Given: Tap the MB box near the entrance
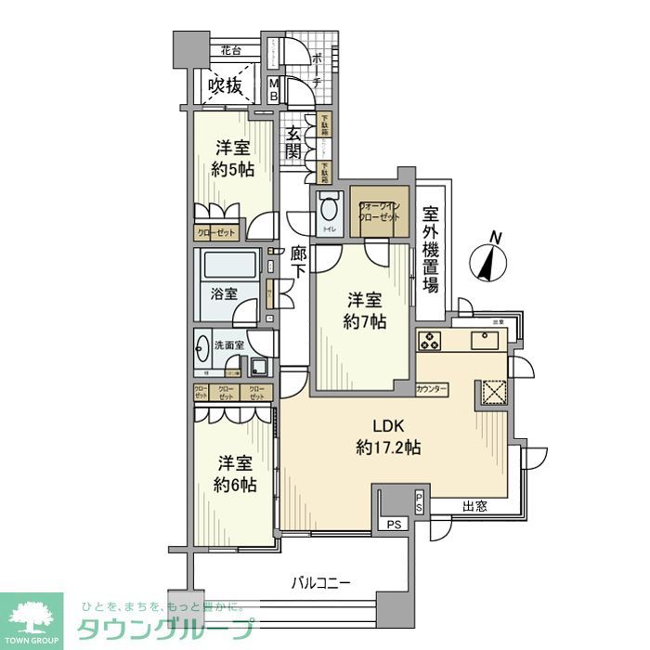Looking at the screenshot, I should click(x=275, y=90).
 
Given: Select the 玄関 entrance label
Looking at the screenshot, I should click(x=294, y=144).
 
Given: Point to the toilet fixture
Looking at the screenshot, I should click(x=327, y=210).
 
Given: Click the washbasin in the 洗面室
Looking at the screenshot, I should click(x=204, y=354).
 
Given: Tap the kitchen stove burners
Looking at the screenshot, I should click(x=431, y=340).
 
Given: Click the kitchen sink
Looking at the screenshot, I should click(x=485, y=339).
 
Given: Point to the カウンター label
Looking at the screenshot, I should click(x=432, y=388).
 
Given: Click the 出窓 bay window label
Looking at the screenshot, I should click(x=474, y=507).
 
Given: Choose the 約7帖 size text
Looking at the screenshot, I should click(x=363, y=321).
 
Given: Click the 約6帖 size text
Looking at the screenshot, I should click(x=235, y=485).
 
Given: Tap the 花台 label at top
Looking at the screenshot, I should click(x=229, y=50).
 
